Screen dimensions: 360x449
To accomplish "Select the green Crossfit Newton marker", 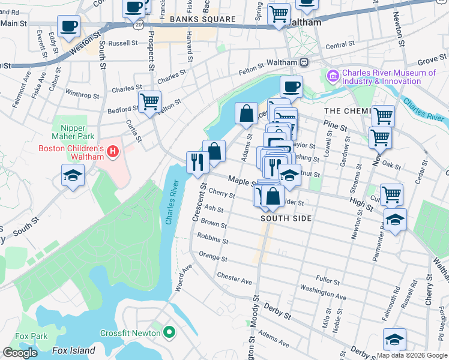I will click(169, 332).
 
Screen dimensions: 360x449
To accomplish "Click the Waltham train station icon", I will click(304, 62).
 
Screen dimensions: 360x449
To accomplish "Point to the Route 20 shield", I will click(138, 26).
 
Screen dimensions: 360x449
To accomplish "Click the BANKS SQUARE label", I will click(202, 19).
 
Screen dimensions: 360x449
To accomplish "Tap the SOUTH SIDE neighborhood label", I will click(286, 218).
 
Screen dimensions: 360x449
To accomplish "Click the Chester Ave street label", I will click(235, 279).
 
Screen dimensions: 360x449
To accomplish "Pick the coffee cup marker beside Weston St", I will click(68, 27).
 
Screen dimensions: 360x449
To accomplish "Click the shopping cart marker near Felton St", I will click(149, 101).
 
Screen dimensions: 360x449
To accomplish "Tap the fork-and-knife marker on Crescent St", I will click(197, 161).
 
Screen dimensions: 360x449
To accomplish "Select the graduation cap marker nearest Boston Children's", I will click(73, 176).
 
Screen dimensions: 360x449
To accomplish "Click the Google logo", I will click(20, 353).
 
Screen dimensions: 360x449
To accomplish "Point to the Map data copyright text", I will click(412, 355).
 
